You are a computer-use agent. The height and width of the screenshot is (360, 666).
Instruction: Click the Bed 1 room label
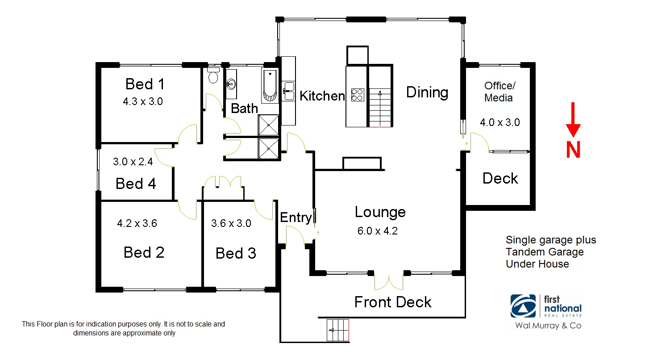(x=145, y=84)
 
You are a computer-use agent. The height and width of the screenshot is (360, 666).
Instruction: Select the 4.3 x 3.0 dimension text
(x=143, y=101)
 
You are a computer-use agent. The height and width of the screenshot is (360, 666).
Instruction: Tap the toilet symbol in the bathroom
(x=213, y=76)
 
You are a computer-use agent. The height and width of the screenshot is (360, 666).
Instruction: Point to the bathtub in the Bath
(x=270, y=86)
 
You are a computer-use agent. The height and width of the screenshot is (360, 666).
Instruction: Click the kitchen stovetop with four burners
(x=358, y=95)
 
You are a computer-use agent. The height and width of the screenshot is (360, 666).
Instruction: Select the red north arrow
(x=573, y=119)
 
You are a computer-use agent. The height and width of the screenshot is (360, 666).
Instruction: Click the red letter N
(x=573, y=150)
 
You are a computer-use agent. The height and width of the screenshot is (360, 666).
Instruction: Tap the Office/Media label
(x=499, y=92)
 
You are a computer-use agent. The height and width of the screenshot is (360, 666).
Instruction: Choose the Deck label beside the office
(x=500, y=179)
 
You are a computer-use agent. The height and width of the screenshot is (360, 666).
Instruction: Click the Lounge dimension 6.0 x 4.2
(x=377, y=231)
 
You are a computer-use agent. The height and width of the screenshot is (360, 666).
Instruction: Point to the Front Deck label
(x=393, y=302)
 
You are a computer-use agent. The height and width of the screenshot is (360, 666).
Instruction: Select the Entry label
(x=296, y=218)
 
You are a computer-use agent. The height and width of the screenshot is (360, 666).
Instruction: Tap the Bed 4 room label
(x=136, y=184)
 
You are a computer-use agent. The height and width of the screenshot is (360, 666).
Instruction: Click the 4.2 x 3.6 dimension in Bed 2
(x=137, y=223)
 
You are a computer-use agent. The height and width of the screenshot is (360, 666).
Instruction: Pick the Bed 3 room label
(x=236, y=254)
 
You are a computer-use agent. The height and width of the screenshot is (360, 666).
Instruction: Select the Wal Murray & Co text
(x=548, y=326)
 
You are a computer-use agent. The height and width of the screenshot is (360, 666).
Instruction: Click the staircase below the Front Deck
(x=338, y=331)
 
